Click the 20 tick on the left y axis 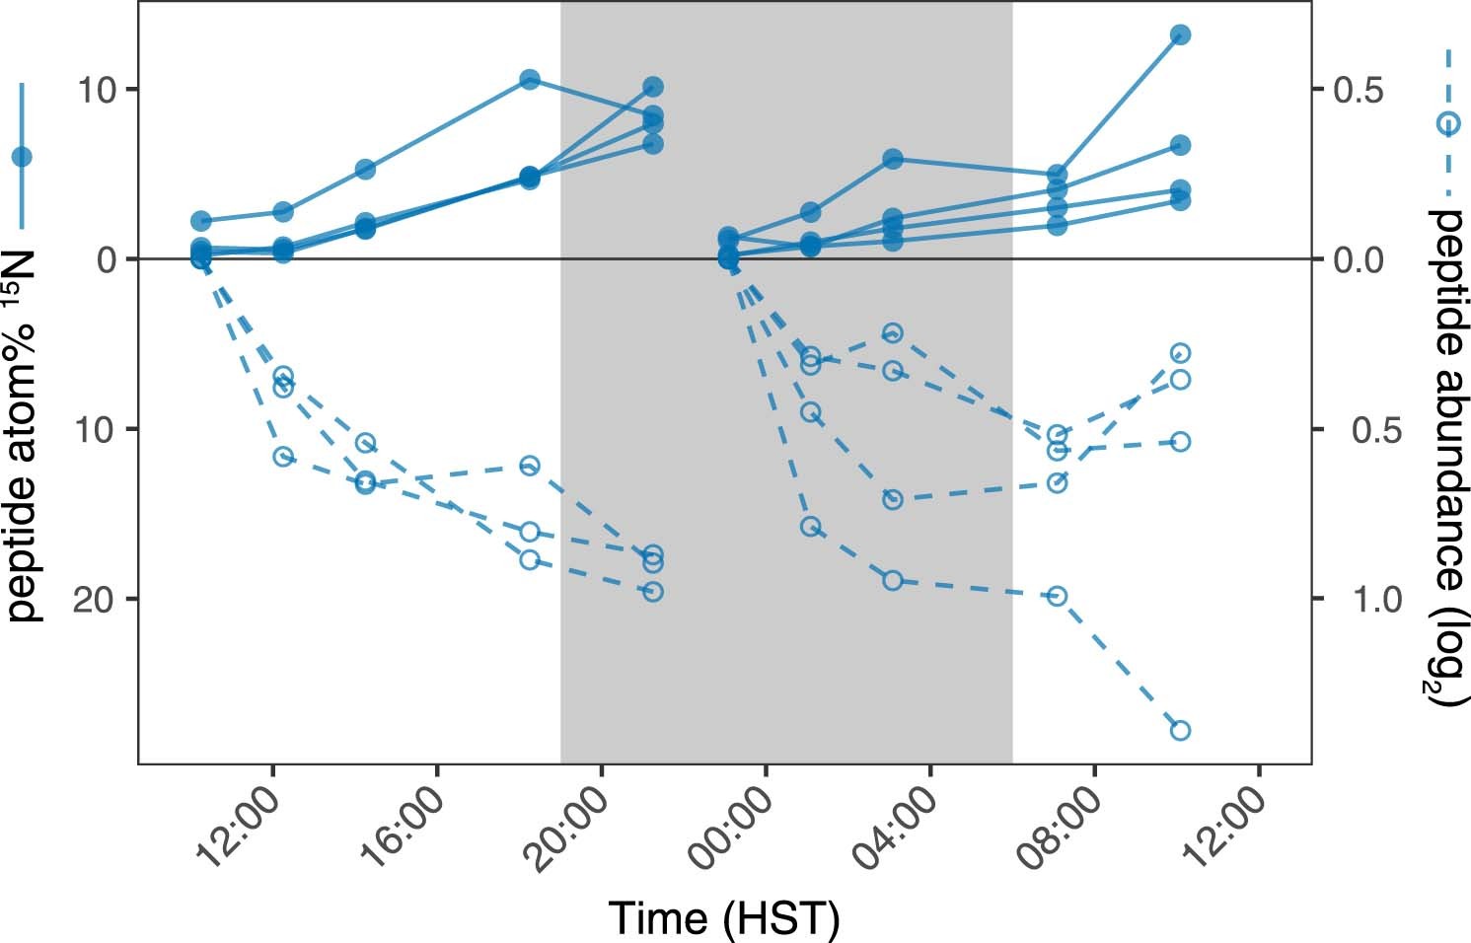point(95,600)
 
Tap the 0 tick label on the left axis point(106,259)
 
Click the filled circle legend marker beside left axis point(21,156)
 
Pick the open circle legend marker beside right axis point(1447,123)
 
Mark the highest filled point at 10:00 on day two point(1180,35)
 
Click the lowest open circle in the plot point(1180,730)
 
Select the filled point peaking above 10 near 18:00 point(530,80)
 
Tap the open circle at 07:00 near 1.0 point(1057,596)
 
